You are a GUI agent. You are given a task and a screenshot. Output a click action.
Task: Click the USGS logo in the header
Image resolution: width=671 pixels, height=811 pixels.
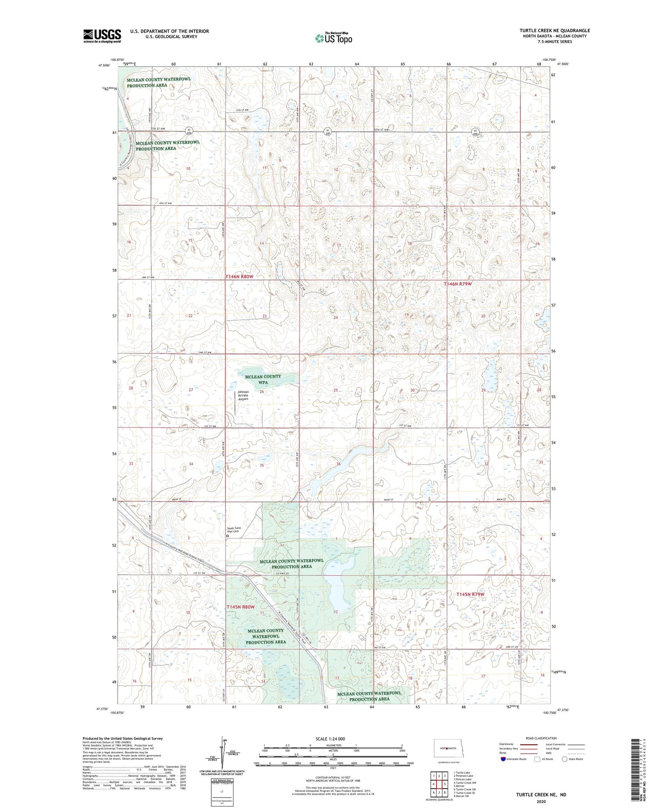pos(102,36)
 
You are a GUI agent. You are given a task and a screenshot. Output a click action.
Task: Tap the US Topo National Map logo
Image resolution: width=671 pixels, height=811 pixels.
pos(333,38)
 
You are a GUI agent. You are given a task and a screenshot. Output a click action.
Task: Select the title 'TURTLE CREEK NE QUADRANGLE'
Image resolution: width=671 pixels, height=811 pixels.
pos(554,30)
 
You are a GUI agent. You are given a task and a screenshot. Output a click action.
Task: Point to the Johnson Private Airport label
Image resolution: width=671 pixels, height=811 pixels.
pos(243,395)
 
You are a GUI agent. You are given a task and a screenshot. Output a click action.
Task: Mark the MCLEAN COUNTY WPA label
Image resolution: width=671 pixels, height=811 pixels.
pos(263,379)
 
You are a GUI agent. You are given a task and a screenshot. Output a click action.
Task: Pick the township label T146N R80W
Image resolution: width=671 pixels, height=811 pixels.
pos(239,277)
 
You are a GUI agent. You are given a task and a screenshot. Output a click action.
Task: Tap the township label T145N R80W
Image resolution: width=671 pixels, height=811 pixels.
pos(240,607)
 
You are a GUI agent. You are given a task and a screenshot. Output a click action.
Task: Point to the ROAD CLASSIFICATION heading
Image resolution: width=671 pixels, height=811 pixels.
pos(541,738)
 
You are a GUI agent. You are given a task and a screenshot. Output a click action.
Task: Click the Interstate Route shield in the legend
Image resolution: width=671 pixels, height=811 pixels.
pos(504,759)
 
